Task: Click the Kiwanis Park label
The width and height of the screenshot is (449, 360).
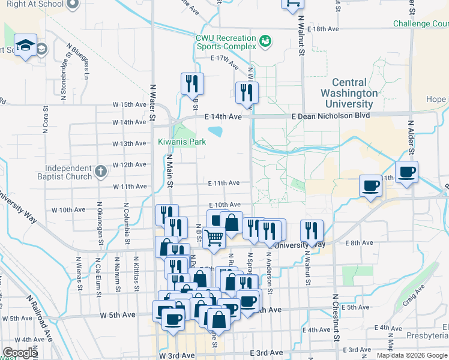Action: pyautogui.click(x=182, y=142)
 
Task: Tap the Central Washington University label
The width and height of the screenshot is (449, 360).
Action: pyautogui.click(x=349, y=93)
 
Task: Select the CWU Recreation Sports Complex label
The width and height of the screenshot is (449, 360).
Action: pyautogui.click(x=226, y=41)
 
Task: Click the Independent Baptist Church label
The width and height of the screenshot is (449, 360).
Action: pyautogui.click(x=61, y=173)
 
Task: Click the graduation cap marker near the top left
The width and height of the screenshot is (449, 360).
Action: pyautogui.click(x=26, y=45)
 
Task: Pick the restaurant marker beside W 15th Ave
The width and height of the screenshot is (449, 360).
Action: pyautogui.click(x=192, y=83)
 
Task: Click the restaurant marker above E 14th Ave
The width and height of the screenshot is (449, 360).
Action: pyautogui.click(x=247, y=92)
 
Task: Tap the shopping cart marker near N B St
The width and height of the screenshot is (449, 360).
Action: pyautogui.click(x=214, y=238)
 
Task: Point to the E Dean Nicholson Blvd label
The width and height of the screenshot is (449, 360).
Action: pyautogui.click(x=330, y=116)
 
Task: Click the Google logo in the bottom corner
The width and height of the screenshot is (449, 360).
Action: pyautogui.click(x=20, y=353)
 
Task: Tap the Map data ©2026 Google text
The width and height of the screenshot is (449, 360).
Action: pyautogui.click(x=412, y=355)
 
